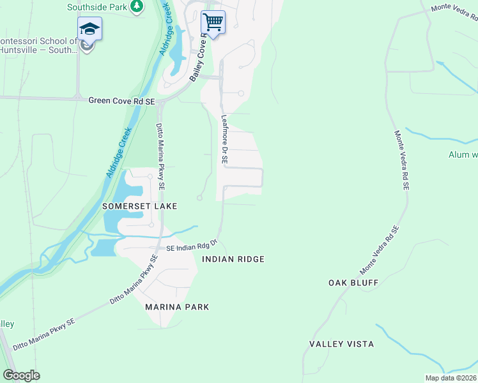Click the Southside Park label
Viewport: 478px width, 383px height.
97,8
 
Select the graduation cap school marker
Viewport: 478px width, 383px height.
89,29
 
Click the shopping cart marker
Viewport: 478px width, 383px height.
213,22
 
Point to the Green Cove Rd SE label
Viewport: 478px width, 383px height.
121,100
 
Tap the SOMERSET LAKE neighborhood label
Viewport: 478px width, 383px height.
139,206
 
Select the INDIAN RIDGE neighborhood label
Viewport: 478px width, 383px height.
233,259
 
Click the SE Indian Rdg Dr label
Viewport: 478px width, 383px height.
192,246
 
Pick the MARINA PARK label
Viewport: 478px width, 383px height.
177,307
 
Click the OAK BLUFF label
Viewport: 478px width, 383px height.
353,282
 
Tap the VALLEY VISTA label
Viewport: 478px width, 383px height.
341,344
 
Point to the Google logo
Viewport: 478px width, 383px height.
21,375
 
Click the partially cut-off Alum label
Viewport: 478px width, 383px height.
463,154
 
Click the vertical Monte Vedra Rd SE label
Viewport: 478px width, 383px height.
401,160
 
